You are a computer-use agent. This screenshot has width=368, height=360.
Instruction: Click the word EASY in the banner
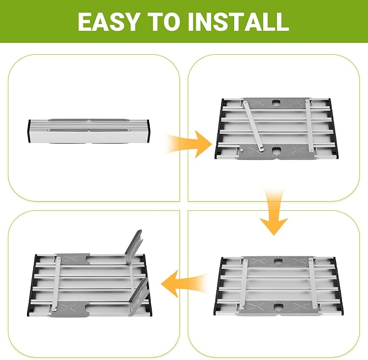click(x=108, y=22)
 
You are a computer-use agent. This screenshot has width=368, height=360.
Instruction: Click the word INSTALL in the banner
click(x=238, y=22)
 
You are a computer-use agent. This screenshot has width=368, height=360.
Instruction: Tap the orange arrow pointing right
click(x=188, y=144)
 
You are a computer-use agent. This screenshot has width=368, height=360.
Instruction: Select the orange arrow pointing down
click(x=274, y=211)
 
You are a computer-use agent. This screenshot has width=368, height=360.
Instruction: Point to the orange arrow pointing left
click(x=185, y=284)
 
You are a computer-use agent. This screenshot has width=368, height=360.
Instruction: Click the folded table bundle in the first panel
click(x=89, y=131)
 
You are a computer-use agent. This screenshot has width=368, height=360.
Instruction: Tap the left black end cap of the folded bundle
click(x=30, y=131)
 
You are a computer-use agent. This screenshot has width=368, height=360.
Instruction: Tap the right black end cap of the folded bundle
click(x=149, y=131)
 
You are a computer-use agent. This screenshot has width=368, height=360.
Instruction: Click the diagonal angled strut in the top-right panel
click(x=253, y=126)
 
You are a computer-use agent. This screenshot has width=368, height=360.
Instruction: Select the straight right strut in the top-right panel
click(x=309, y=125)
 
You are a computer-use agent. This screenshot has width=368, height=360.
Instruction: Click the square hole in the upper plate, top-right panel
click(x=276, y=103)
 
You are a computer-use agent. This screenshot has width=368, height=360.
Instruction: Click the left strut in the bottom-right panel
click(x=243, y=284)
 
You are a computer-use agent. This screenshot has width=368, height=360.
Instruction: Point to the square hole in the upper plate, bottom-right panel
click(x=278, y=261)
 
